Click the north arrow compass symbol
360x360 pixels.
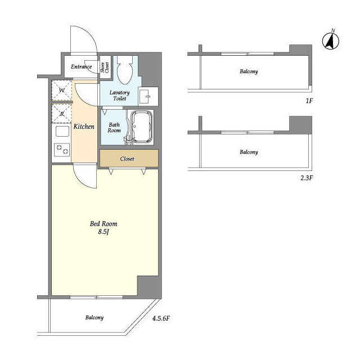pyautogui.click(x=331, y=40)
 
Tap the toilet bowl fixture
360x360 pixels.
pyautogui.click(x=125, y=70)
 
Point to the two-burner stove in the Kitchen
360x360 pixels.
pyautogui.click(x=62, y=150)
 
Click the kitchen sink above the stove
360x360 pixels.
pyautogui.click(x=62, y=131)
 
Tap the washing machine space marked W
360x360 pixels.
pyautogui.click(x=61, y=90)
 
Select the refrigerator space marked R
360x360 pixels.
pyautogui.click(x=61, y=114)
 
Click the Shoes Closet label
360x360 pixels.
pyautogui.click(x=105, y=67)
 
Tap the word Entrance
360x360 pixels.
pyautogui.click(x=81, y=66)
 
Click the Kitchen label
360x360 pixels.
pyautogui.click(x=84, y=126)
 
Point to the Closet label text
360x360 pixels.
pyautogui.click(x=127, y=159)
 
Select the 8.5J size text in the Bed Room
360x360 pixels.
pyautogui.click(x=103, y=232)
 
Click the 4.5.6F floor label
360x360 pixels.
pyautogui.click(x=161, y=318)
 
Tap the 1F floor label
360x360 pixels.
pyautogui.click(x=309, y=101)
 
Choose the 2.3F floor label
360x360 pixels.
pyautogui.click(x=307, y=178)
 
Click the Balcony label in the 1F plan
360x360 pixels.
pyautogui.click(x=249, y=71)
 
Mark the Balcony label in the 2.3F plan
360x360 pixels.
pyautogui.click(x=249, y=152)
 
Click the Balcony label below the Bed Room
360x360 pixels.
pyautogui.click(x=94, y=317)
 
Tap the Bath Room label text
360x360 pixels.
pyautogui.click(x=114, y=128)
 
